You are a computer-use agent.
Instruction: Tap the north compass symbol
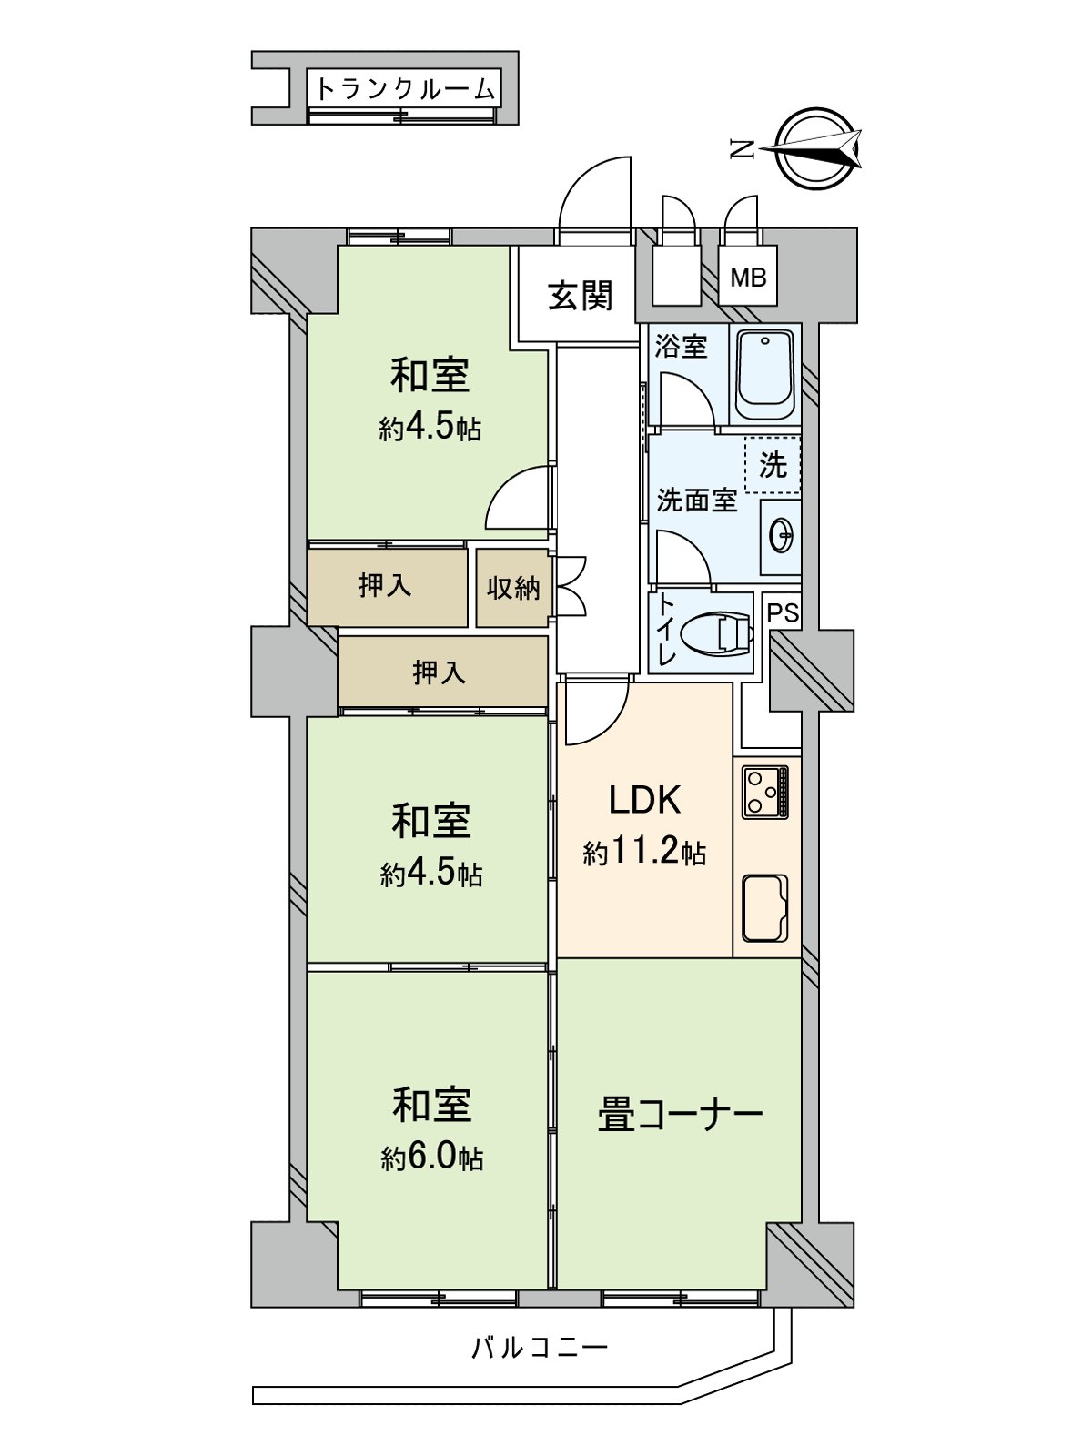813,148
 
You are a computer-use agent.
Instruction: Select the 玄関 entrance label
580,296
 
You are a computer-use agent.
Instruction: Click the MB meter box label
748,278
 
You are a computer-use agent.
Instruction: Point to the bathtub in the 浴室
765,374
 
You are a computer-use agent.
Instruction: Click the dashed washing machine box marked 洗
773,465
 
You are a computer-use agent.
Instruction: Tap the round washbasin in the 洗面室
781,536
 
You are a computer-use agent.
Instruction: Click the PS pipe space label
783,613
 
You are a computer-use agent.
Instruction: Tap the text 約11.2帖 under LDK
644,854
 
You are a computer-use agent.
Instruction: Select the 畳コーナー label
680,1116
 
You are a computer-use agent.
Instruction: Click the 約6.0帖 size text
431,1158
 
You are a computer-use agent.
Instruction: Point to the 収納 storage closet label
513,588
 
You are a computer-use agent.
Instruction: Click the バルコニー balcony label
539,1347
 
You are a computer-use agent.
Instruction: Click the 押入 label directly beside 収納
385,586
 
